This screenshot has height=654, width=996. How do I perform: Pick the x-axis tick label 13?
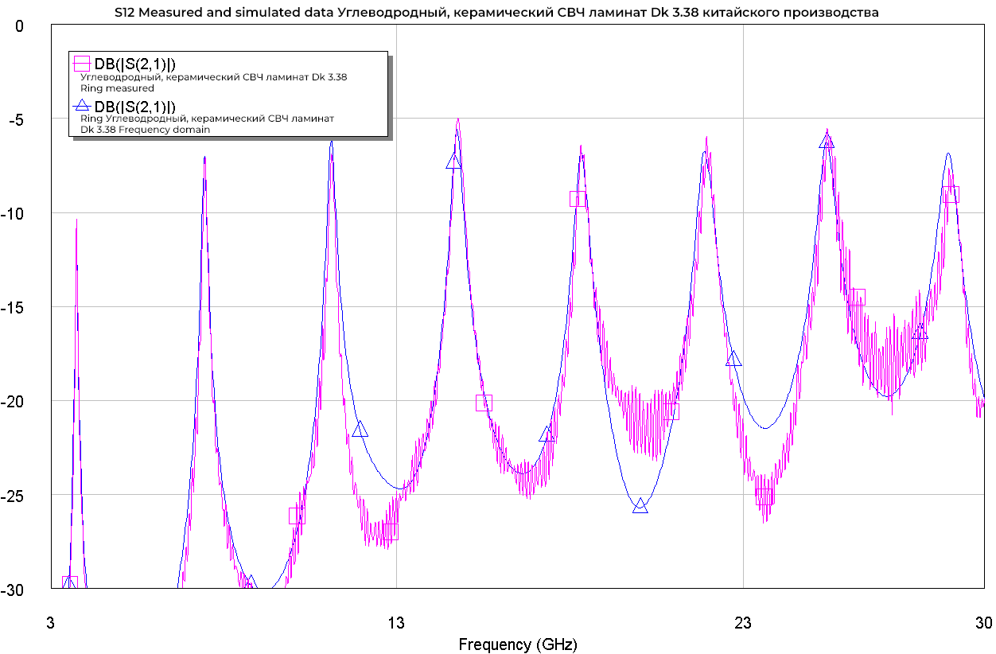[396, 625]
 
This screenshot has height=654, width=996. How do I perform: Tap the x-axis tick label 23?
[743, 625]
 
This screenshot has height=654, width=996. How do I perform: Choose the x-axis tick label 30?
[984, 625]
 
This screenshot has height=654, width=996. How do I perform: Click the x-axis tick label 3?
[51, 625]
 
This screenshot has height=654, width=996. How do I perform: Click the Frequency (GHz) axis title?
[517, 644]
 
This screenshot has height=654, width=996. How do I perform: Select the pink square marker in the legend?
[81, 63]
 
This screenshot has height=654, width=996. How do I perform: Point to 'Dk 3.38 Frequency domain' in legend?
[145, 130]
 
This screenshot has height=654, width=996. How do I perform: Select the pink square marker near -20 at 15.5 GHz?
[484, 403]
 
